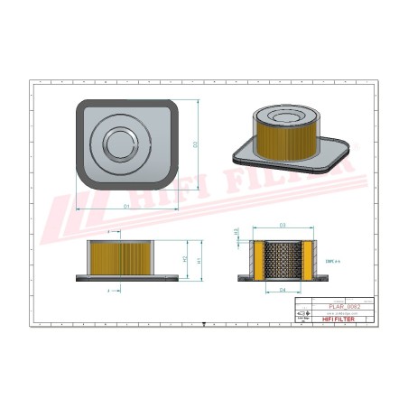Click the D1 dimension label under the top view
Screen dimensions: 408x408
126,207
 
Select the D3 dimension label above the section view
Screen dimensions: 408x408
283,224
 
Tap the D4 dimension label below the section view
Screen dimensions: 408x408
283,290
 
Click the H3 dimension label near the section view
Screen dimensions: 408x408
236,231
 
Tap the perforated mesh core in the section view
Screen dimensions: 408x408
283,260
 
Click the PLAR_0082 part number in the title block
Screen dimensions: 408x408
347,308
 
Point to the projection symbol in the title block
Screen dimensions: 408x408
304,318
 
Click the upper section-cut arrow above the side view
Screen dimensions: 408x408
110,232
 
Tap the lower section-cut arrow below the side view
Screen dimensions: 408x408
110,291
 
